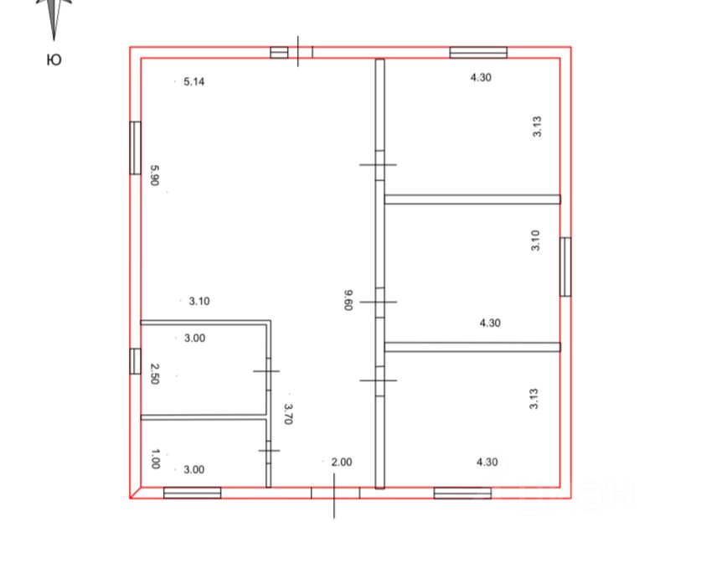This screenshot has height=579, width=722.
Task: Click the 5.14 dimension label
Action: (193, 81)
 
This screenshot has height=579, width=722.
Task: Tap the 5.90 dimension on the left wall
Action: (155, 175)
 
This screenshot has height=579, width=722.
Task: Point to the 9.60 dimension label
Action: (348, 300)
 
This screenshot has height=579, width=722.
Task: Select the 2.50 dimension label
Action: (155, 374)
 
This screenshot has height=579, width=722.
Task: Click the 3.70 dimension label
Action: (288, 414)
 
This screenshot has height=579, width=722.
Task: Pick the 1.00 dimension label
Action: (155, 459)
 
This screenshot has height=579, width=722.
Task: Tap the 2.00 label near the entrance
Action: (342, 462)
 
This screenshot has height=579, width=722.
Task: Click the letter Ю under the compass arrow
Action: (54, 59)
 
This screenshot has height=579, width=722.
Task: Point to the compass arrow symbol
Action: (54, 18)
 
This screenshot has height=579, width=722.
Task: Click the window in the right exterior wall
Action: (565, 266)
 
